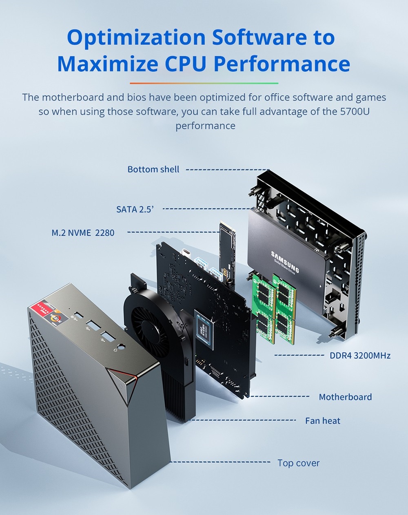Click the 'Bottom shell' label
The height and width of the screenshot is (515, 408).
pyautogui.click(x=153, y=169)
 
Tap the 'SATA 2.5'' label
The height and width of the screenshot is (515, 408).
pyautogui.click(x=135, y=209)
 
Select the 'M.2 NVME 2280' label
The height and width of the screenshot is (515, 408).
pyautogui.click(x=83, y=233)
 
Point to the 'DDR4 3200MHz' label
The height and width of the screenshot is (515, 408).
pyautogui.click(x=360, y=356)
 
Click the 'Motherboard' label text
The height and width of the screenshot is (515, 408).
pyautogui.click(x=345, y=397)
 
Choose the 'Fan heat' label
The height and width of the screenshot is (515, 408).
pyautogui.click(x=322, y=421)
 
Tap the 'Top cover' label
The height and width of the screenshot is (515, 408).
pyautogui.click(x=298, y=463)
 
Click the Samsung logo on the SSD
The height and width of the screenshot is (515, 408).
pyautogui.click(x=285, y=262)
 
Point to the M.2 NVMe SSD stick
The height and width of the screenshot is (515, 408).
pyautogui.click(x=227, y=251)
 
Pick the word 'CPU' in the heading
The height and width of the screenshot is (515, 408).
pyautogui.click(x=187, y=64)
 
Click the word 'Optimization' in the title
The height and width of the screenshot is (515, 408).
pyautogui.click(x=136, y=37)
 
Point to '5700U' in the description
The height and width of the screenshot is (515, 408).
pyautogui.click(x=355, y=111)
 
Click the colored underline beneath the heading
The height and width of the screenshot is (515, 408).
pyautogui.click(x=204, y=83)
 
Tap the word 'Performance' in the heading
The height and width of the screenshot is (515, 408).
pyautogui.click(x=282, y=64)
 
